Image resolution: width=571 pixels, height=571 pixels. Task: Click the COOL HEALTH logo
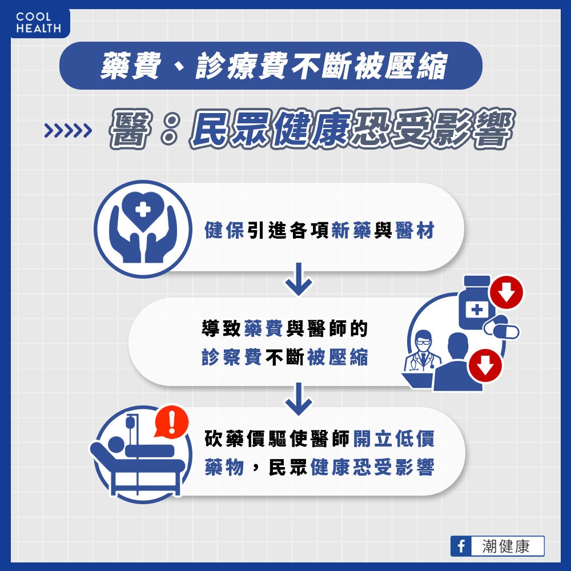click(38, 23)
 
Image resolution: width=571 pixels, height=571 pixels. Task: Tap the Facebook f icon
click(461, 546)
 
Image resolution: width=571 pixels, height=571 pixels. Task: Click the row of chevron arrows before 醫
click(68, 130)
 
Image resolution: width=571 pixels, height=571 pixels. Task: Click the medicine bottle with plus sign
click(475, 303)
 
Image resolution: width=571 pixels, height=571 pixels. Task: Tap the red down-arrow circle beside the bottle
click(506, 292)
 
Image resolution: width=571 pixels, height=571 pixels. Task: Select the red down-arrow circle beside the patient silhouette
click(485, 365)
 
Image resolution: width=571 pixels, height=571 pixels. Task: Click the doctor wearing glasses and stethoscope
click(423, 352)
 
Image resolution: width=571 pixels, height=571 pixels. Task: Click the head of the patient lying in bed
click(115, 445)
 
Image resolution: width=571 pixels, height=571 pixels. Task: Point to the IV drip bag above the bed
click(130, 424)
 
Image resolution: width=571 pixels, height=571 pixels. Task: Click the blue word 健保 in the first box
click(224, 230)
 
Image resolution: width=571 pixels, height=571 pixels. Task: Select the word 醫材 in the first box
click(415, 230)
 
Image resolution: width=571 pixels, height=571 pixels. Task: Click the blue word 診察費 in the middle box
click(232, 357)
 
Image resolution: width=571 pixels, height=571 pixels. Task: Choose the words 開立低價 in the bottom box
click(394, 439)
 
